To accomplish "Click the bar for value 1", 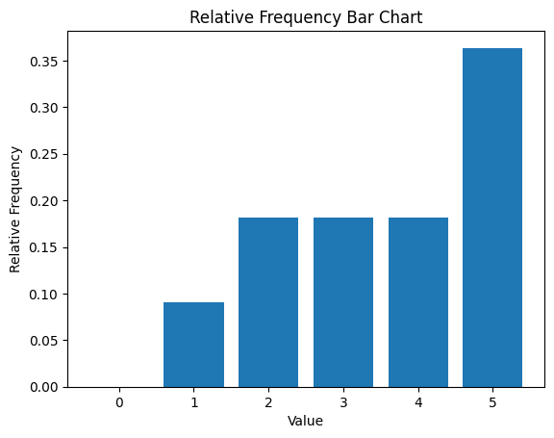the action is pyautogui.click(x=193, y=345).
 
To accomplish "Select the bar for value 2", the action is pyautogui.click(x=268, y=302).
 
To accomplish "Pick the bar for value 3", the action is pyautogui.click(x=343, y=302).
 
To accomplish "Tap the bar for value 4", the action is pyautogui.click(x=418, y=302).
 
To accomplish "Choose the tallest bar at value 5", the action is pyautogui.click(x=492, y=218).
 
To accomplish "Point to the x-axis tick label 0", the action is pyautogui.click(x=119, y=402).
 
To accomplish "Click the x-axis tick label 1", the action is pyautogui.click(x=194, y=402).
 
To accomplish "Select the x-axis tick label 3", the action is pyautogui.click(x=343, y=402).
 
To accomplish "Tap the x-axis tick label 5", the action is pyautogui.click(x=492, y=402).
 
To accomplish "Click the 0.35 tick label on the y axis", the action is pyautogui.click(x=44, y=62).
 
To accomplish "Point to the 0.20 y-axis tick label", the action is pyautogui.click(x=44, y=201).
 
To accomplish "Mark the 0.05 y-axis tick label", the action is pyautogui.click(x=44, y=341).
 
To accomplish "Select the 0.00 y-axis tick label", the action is pyautogui.click(x=44, y=387).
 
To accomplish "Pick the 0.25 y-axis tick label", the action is pyautogui.click(x=44, y=154).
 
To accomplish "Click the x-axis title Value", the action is pyautogui.click(x=305, y=421).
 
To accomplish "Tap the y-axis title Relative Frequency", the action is pyautogui.click(x=14, y=209).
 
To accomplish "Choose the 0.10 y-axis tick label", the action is pyautogui.click(x=44, y=295).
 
